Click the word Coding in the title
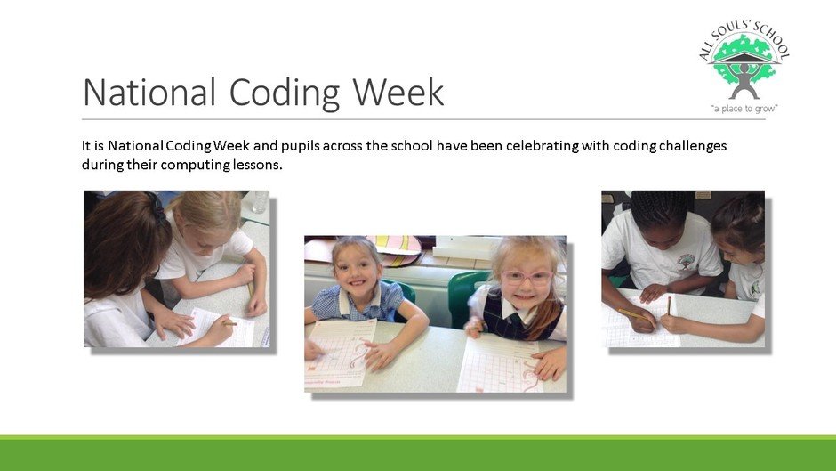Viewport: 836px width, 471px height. tap(285, 93)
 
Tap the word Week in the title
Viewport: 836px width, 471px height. tap(398, 92)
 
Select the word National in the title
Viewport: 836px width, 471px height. tap(149, 92)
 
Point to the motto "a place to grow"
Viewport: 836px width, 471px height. tap(744, 109)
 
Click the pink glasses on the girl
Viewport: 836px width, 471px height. tap(526, 277)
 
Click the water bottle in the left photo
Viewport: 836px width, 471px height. tap(260, 201)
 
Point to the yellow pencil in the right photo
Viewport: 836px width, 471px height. tap(636, 315)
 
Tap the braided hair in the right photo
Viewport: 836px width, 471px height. tap(660, 209)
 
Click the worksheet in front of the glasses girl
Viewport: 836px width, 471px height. tap(502, 365)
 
